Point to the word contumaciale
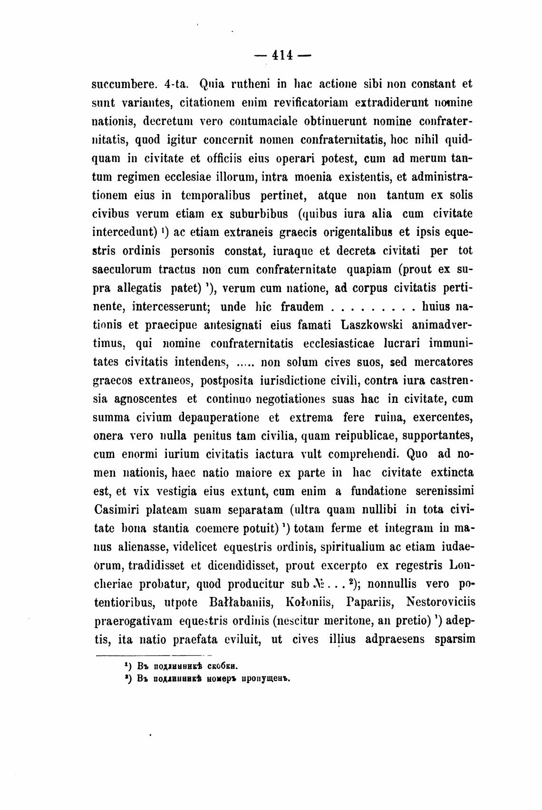click(x=264, y=121)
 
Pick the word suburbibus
click(x=260, y=214)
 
